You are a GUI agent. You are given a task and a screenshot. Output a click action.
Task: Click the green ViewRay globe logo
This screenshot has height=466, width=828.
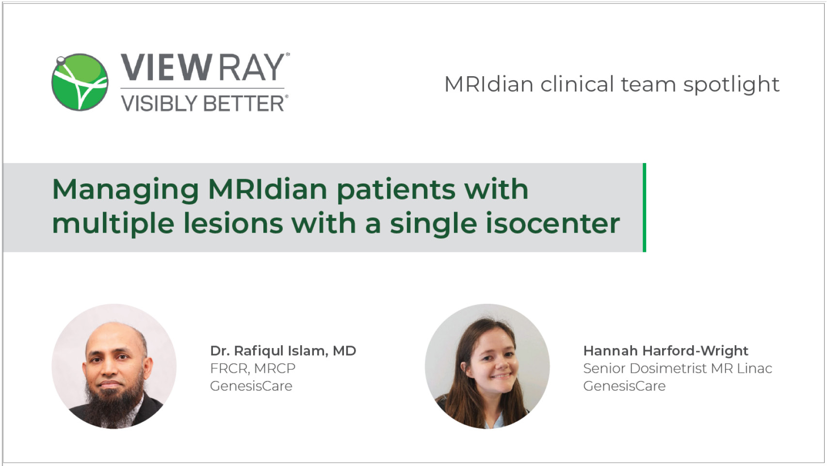point(80,82)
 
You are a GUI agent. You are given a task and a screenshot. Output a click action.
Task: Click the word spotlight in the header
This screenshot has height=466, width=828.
point(731,85)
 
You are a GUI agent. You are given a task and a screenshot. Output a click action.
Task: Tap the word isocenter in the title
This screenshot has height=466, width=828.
point(552,223)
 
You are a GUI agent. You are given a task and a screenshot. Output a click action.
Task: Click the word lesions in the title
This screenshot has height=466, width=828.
point(233,223)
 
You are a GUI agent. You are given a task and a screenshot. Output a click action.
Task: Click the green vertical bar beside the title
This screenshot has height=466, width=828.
point(644,207)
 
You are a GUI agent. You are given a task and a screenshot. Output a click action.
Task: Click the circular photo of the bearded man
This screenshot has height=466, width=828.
point(114,366)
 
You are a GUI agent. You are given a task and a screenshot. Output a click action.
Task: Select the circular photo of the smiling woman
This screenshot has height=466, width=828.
point(487,366)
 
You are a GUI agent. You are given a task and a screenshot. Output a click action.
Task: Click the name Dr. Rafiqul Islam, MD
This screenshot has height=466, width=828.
point(283,350)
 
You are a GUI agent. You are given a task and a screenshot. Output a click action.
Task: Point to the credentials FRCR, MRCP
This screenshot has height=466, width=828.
point(253,368)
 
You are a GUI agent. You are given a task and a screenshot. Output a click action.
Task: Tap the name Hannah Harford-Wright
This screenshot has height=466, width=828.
point(666,350)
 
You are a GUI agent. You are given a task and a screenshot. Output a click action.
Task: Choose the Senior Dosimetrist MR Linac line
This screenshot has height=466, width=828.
point(678,368)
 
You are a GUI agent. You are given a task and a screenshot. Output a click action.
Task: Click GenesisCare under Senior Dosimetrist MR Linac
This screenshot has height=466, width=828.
point(624,386)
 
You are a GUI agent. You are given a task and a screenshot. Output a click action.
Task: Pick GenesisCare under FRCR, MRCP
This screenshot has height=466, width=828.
point(251,386)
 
